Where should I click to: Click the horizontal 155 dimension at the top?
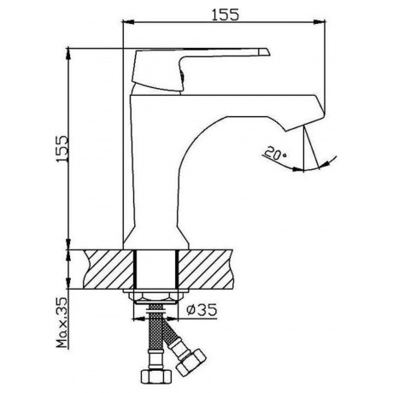pos(225,15)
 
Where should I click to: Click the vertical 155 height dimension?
pos(62,149)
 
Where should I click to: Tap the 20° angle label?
pos(275,152)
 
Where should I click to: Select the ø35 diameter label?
pos(202,309)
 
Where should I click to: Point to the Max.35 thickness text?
pos(62,323)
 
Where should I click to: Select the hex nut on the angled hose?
pos(191,361)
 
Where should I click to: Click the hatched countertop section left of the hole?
pos(109,269)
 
